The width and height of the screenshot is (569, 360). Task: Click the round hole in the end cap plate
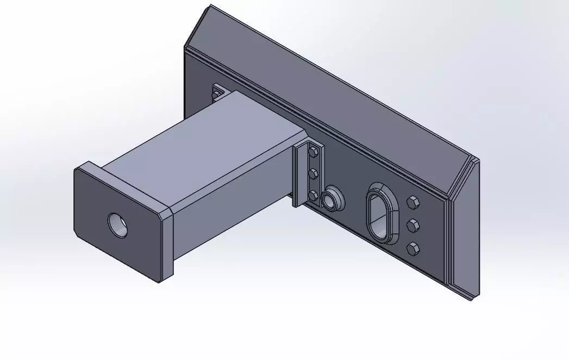tap(118, 225)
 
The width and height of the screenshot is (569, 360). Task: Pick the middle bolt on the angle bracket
tap(313, 174)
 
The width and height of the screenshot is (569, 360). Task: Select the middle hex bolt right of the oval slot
tap(412, 225)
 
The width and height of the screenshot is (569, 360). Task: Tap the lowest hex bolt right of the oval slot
tap(413, 248)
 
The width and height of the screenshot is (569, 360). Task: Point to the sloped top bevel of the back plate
tap(326, 81)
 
